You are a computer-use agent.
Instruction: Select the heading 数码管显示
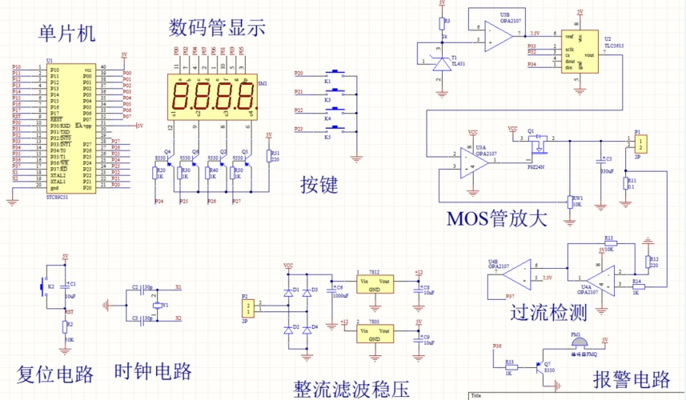216,28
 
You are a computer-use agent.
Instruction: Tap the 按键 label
319,185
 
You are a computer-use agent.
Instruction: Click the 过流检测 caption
552,312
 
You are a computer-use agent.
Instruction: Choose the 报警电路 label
631,378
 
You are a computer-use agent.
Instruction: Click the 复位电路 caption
55,374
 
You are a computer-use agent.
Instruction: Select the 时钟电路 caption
153,372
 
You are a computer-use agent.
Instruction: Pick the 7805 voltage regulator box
374,333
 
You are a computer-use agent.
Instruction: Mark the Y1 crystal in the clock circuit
156,305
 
